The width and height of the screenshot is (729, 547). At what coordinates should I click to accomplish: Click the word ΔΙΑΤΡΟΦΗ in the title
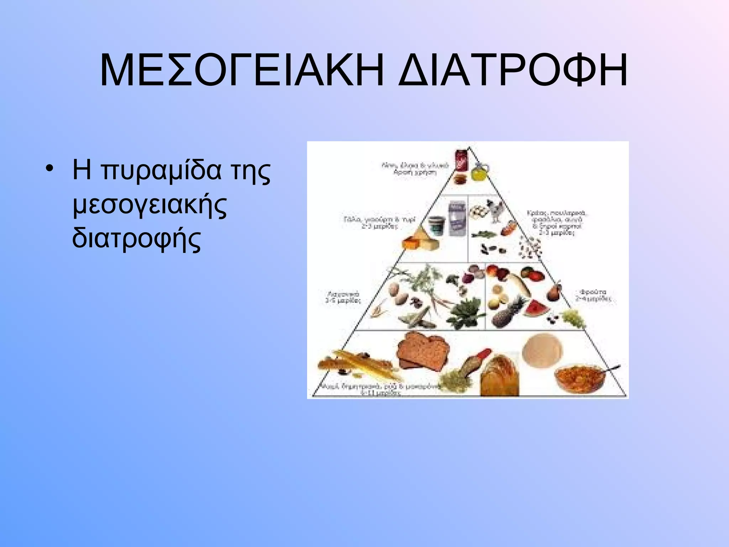(x=513, y=70)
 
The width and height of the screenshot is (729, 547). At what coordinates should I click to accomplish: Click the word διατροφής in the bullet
(x=137, y=238)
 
